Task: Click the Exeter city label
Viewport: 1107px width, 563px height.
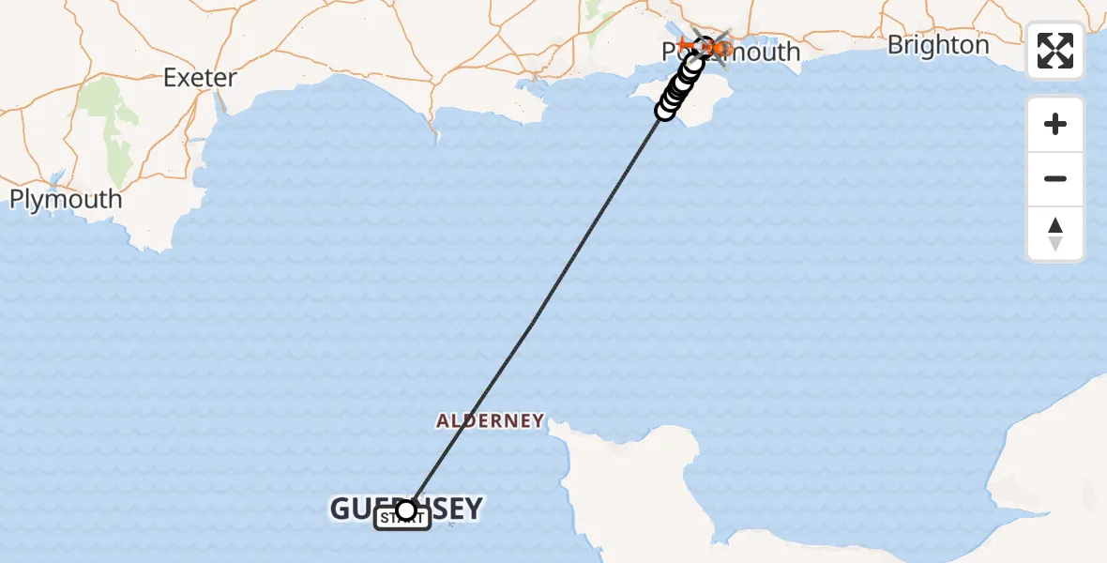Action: tap(200, 77)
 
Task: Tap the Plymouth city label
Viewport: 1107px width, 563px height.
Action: tap(66, 199)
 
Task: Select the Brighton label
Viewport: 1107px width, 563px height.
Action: tap(937, 45)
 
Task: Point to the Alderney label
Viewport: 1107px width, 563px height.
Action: tap(490, 420)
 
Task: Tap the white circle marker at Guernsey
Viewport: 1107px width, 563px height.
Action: tap(406, 510)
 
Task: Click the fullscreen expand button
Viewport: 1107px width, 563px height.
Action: tap(1055, 51)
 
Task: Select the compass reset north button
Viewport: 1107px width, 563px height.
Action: tap(1055, 234)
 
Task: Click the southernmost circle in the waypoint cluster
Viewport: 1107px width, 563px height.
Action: tap(665, 111)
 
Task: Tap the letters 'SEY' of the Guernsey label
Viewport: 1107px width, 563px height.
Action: tap(454, 510)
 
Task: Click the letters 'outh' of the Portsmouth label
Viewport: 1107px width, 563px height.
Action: tap(768, 52)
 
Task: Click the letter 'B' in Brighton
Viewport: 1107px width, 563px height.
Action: tap(895, 45)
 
